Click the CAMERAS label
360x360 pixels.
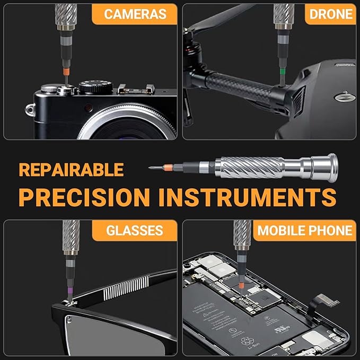135,14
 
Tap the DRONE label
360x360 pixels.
331,14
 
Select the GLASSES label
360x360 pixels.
135,231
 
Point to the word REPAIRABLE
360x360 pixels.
72,170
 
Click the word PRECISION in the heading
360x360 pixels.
84,197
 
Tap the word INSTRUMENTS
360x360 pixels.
248,197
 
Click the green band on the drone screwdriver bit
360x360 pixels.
283,72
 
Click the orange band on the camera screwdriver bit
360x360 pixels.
66,72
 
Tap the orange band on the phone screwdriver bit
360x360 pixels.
241,286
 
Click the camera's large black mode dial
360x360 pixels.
96,86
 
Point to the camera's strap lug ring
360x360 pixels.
30,110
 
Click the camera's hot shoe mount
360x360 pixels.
135,90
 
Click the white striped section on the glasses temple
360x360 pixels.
126,288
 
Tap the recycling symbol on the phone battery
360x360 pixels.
247,341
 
